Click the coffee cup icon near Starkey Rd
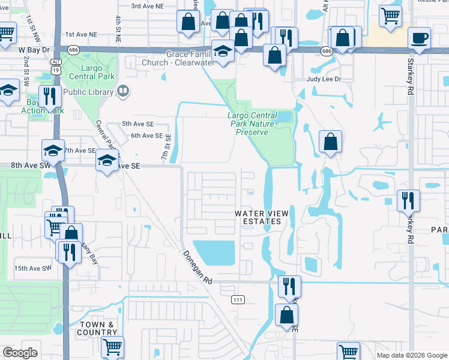click(419, 38)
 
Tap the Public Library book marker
click(123, 92)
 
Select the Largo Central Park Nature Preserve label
click(252, 123)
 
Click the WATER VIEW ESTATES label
click(262, 217)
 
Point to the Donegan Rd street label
click(198, 268)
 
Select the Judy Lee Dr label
click(324, 79)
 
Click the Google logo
click(20, 353)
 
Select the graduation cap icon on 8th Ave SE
click(107, 160)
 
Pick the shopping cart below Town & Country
click(112, 347)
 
